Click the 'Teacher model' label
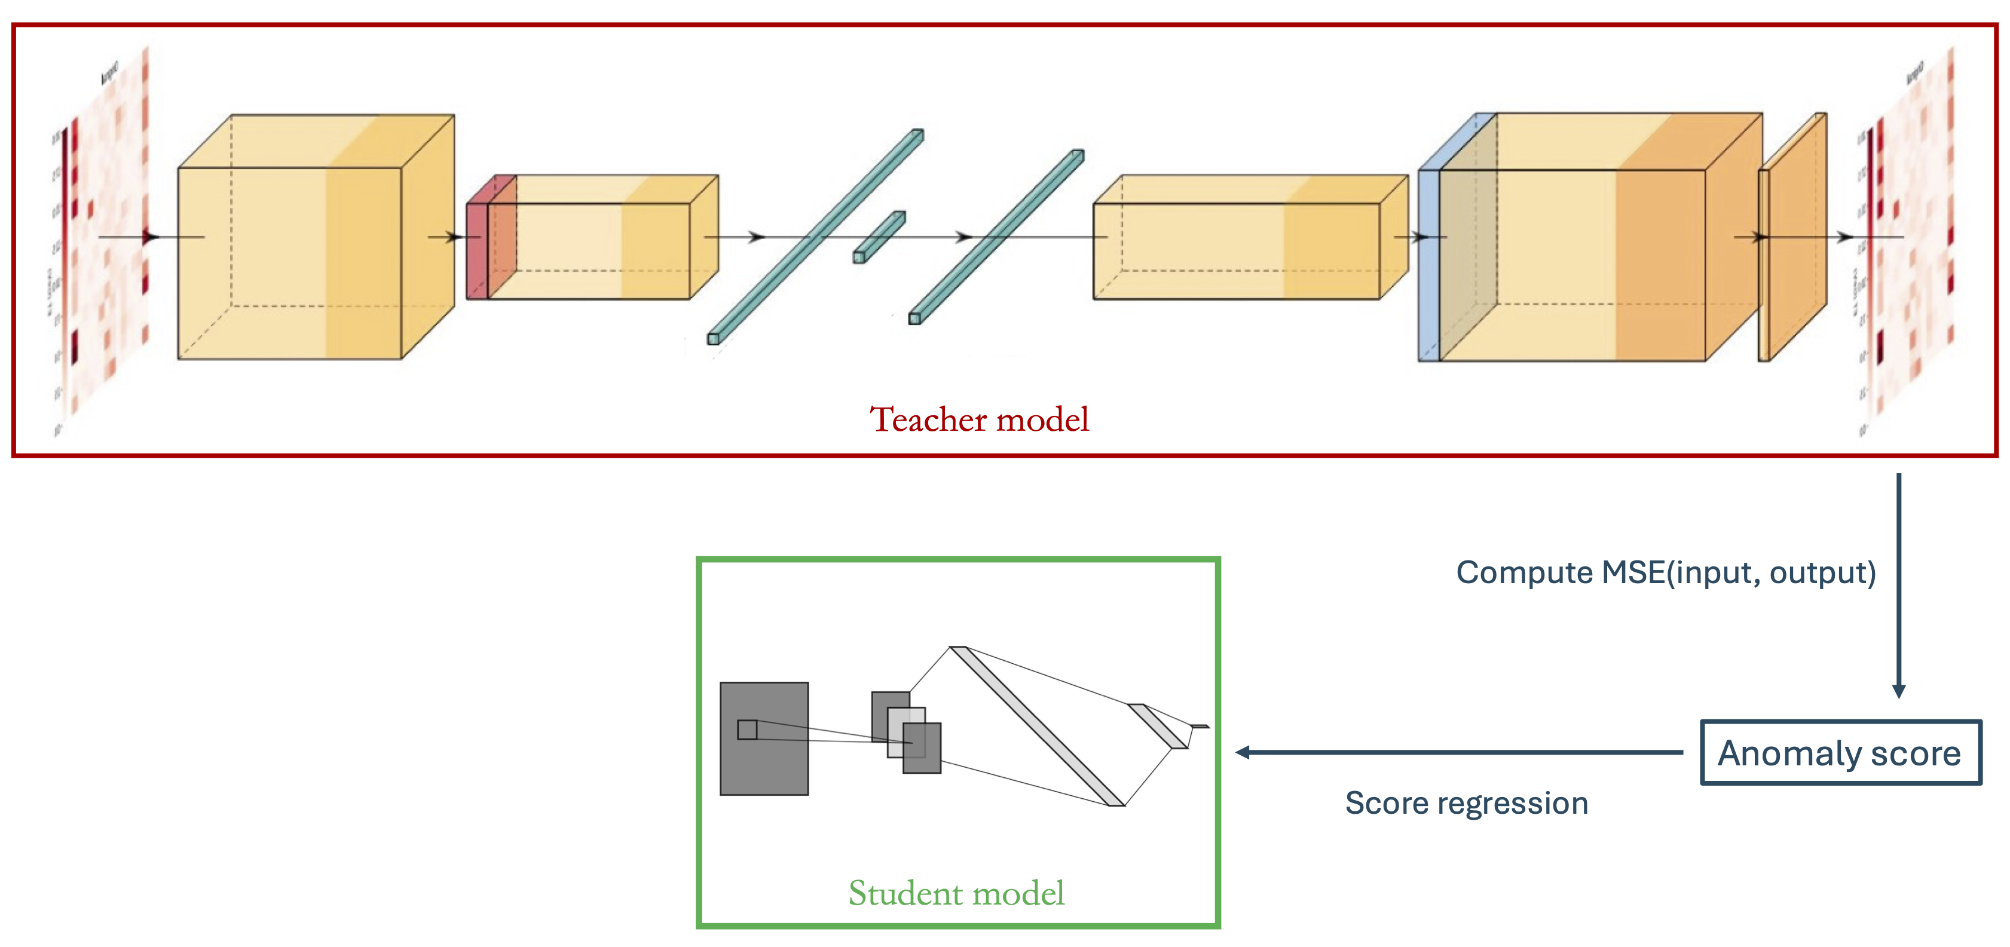coord(978,419)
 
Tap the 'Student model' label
coord(956,893)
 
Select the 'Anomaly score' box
coord(1840,753)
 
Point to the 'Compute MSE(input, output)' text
coord(1665,572)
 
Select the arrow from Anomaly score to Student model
coord(1459,753)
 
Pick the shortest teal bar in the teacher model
coord(879,237)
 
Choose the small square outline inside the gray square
coord(747,730)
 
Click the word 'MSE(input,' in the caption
coord(1681,572)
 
